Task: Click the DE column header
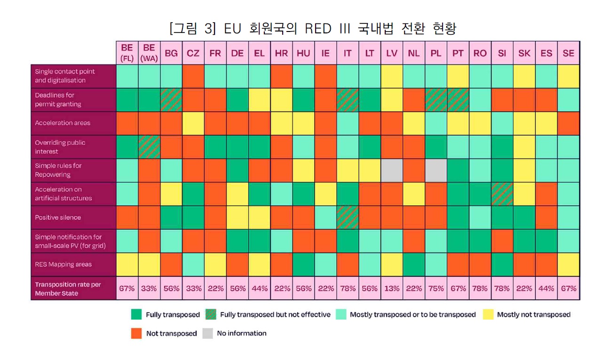click(x=237, y=53)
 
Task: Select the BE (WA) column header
click(x=149, y=53)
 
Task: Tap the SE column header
click(x=568, y=53)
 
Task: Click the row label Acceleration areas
click(x=63, y=123)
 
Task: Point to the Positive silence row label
click(x=58, y=218)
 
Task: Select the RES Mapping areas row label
click(x=63, y=265)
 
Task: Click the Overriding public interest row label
click(x=60, y=147)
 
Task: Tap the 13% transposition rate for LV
click(x=391, y=289)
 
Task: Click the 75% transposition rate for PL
click(x=436, y=289)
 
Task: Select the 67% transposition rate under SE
click(x=568, y=289)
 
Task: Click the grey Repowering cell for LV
click(x=391, y=170)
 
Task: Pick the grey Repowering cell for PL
click(x=436, y=170)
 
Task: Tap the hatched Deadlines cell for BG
click(x=171, y=100)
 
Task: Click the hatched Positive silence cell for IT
click(x=347, y=218)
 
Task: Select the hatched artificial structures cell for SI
click(x=501, y=194)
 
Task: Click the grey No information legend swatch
click(x=207, y=333)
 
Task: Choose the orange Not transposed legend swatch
click(x=136, y=333)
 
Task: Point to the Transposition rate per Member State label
click(x=68, y=289)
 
